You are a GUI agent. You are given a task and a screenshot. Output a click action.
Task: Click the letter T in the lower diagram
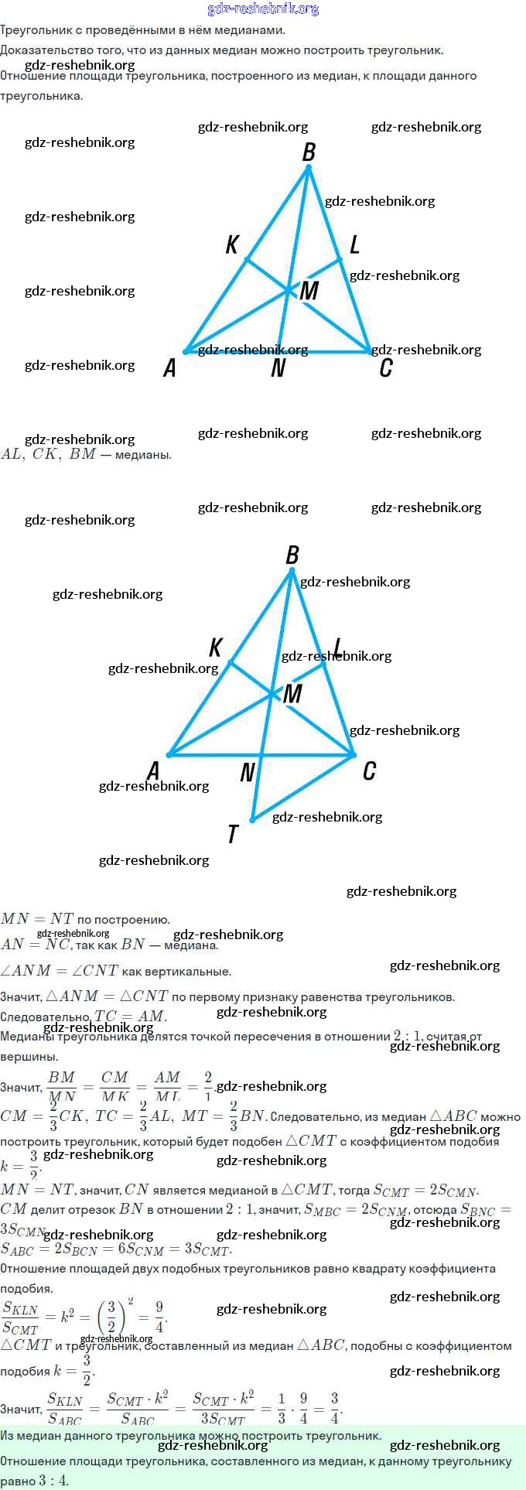233,834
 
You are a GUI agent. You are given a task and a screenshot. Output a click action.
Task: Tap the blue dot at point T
252,819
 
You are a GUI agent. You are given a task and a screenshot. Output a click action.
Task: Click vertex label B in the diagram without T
309,152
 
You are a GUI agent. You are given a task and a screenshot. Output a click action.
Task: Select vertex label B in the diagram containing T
292,555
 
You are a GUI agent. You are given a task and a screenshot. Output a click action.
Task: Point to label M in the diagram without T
309,290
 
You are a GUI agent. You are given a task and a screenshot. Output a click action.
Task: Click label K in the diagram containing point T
216,648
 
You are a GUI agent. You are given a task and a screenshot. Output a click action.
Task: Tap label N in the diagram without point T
278,369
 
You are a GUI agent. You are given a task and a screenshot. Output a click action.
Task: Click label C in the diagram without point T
385,368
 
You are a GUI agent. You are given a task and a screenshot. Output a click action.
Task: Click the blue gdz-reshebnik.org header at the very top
263,9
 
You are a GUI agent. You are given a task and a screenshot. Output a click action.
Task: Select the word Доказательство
38,50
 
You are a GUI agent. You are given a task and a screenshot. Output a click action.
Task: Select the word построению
123,920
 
